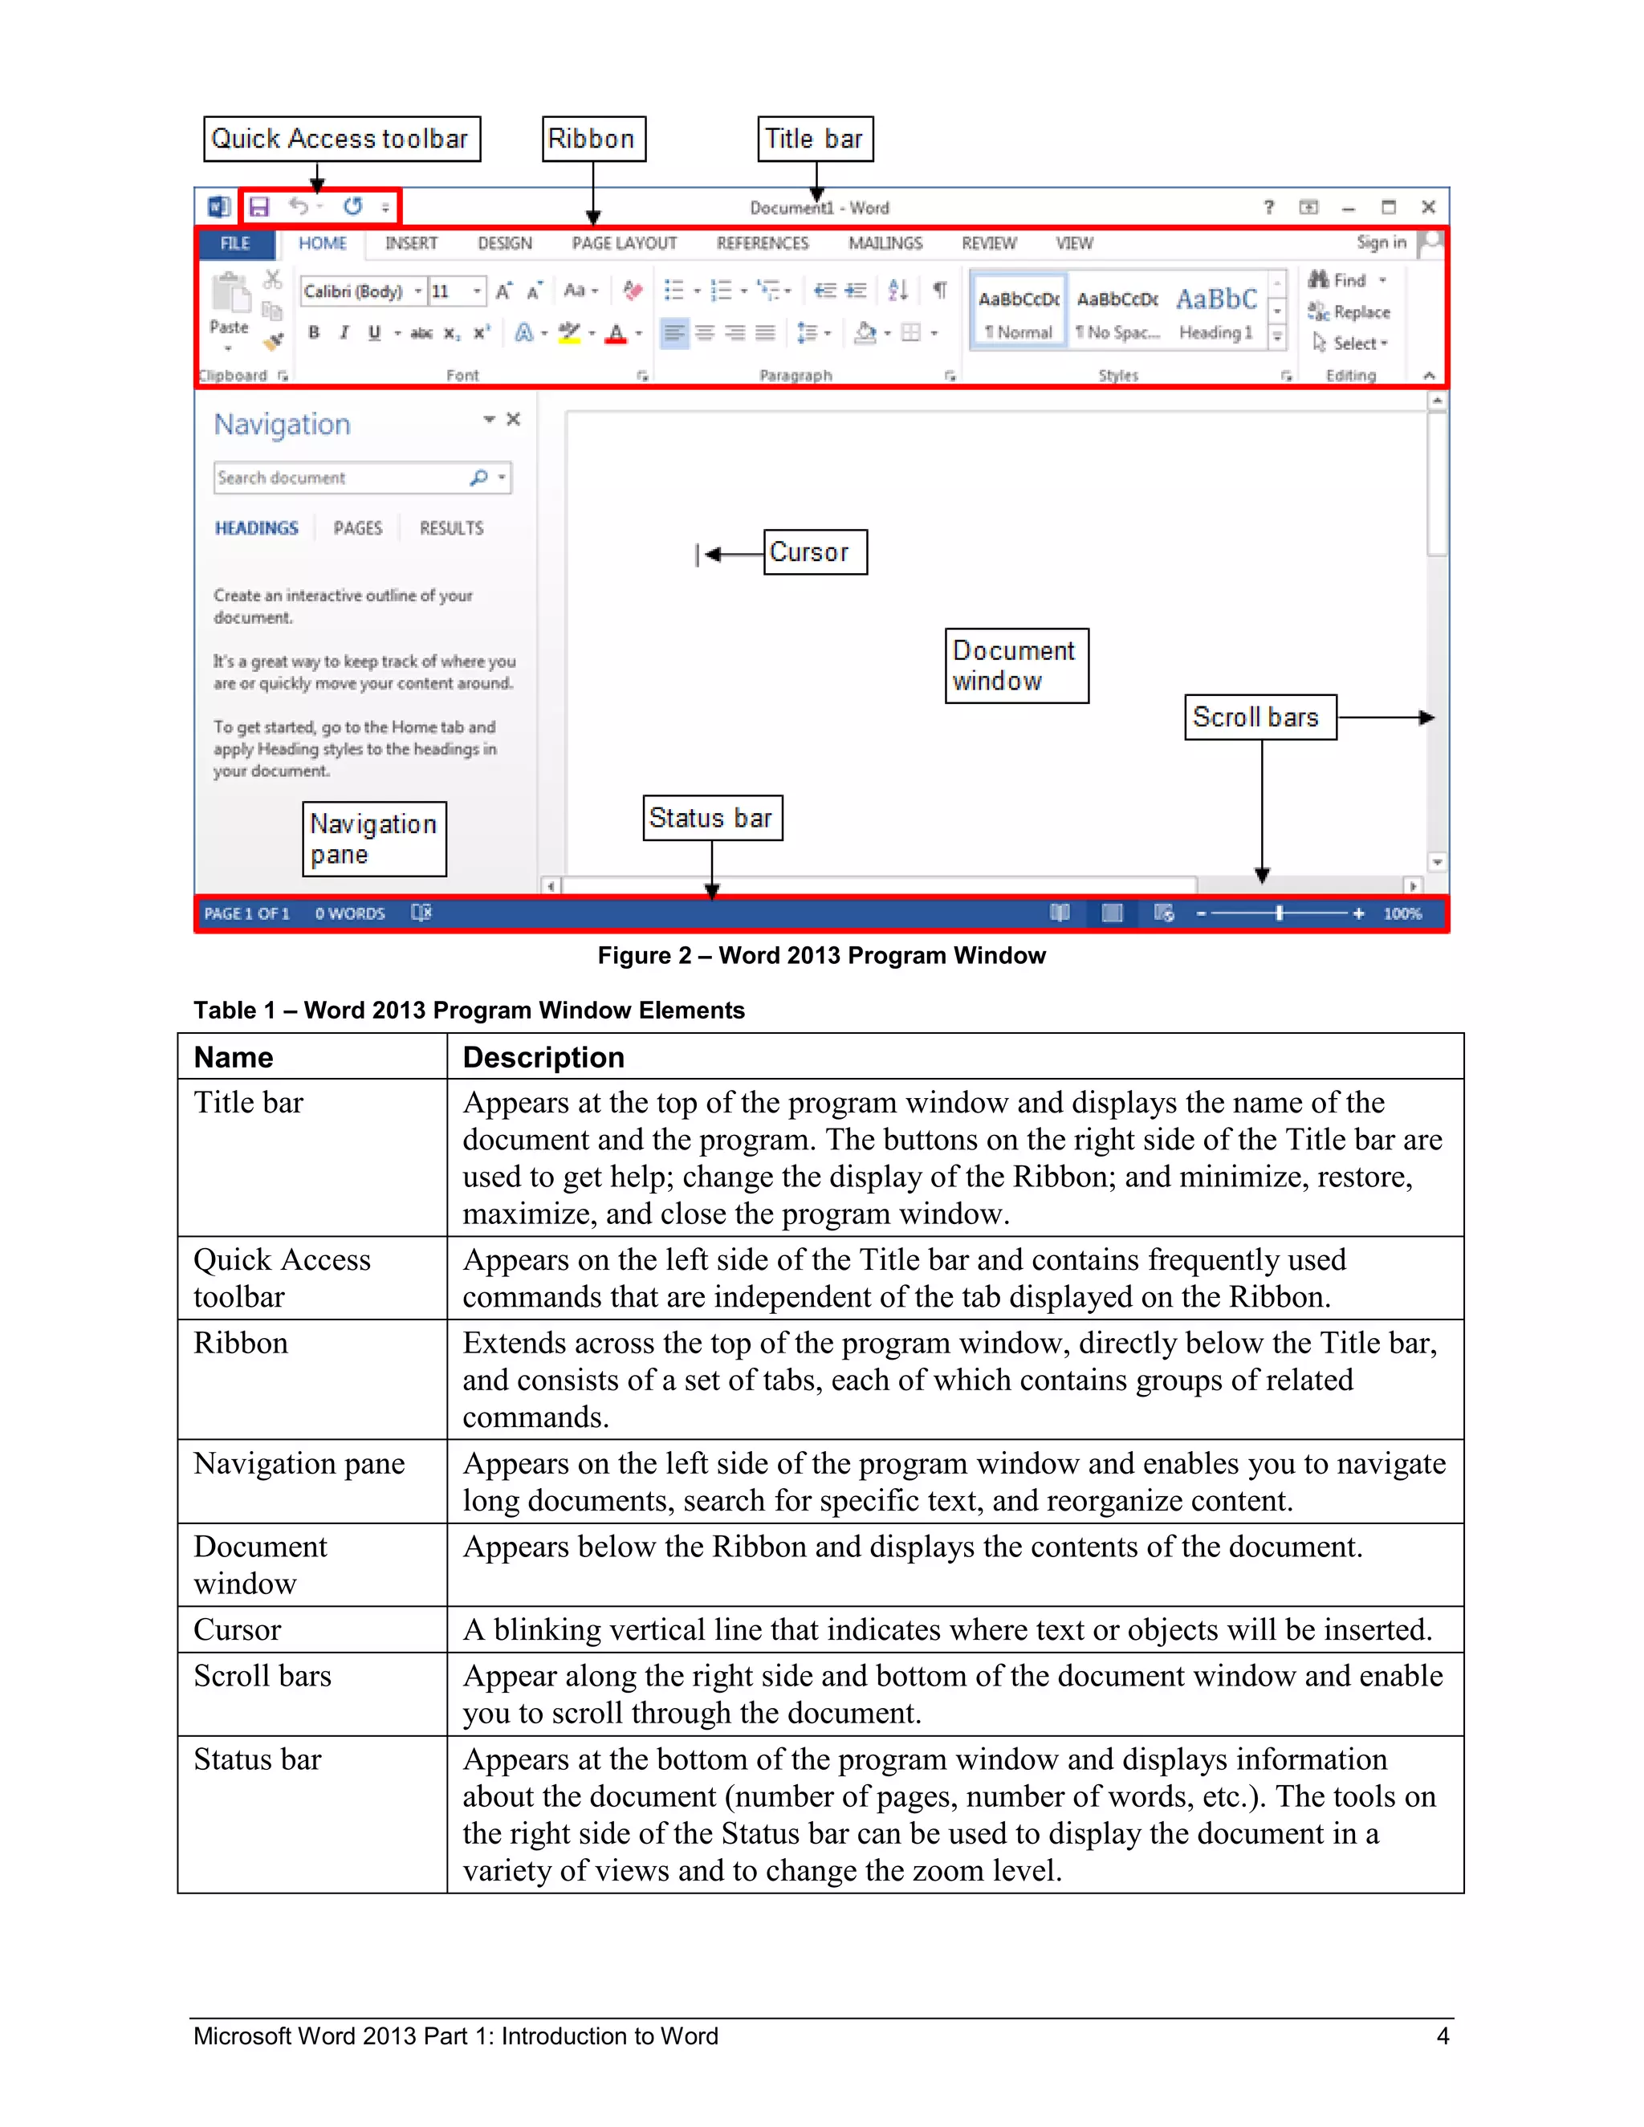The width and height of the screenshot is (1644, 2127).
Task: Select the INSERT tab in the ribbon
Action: (x=411, y=243)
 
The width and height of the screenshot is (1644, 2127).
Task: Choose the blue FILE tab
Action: (x=234, y=243)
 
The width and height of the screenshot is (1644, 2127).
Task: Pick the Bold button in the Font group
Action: (x=314, y=333)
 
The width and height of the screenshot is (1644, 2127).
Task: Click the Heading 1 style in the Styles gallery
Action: (x=1216, y=311)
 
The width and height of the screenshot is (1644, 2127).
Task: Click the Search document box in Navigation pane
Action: (x=341, y=478)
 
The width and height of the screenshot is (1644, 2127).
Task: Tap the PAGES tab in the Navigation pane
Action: (x=357, y=529)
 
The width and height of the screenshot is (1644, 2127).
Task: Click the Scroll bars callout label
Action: (x=1259, y=718)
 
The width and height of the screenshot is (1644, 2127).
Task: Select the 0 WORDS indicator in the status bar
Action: (x=350, y=913)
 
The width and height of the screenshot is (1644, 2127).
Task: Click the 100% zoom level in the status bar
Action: (x=1402, y=913)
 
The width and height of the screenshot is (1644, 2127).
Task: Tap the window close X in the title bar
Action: (x=1429, y=207)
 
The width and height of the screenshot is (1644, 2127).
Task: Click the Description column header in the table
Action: (x=543, y=1058)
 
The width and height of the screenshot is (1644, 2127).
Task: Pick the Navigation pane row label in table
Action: (x=299, y=1464)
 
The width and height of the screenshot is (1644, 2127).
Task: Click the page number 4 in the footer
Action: (x=1443, y=2036)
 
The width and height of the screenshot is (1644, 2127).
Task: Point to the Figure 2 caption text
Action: (x=821, y=955)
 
